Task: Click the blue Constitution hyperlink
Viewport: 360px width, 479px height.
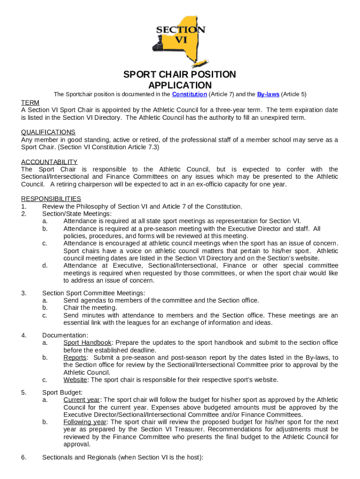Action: point(189,94)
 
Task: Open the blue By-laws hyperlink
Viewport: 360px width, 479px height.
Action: point(268,94)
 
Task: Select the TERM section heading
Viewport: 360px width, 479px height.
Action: point(30,102)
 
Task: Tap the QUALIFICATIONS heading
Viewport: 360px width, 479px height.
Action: point(48,132)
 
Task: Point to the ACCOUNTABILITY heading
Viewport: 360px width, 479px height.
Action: point(49,162)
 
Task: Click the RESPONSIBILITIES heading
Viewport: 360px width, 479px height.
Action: point(51,199)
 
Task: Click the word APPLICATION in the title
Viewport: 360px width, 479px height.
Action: point(180,85)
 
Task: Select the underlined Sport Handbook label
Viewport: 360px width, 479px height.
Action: point(87,343)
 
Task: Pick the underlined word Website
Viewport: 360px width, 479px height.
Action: point(75,380)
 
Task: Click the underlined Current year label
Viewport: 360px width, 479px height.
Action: point(81,400)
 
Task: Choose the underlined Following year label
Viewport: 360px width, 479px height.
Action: point(84,422)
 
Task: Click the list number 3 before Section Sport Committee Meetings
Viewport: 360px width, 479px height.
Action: point(23,293)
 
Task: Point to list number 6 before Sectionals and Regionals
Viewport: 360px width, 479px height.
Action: point(23,457)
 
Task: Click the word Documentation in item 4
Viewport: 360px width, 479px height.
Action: point(65,335)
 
